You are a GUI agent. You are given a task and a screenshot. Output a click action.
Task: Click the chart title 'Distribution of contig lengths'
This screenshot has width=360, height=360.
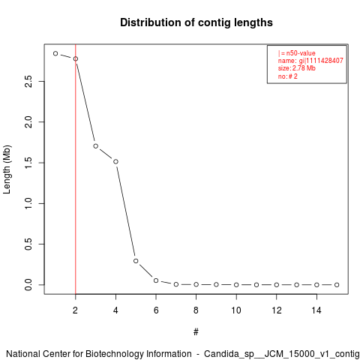tap(196, 22)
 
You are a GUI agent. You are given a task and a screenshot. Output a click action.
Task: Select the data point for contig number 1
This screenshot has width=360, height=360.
tap(55, 53)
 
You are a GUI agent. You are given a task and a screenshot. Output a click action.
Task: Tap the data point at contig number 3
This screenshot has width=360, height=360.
tap(96, 146)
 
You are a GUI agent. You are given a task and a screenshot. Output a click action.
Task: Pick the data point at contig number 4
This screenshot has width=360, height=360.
tap(115, 162)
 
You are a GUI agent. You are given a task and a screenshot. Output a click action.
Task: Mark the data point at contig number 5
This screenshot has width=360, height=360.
tap(136, 261)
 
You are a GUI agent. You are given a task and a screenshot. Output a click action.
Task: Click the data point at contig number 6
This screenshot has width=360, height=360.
tap(156, 280)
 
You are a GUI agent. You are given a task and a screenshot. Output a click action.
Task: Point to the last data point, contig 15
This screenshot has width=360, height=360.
tap(337, 285)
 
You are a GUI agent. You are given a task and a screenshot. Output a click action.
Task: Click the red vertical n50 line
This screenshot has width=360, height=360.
tap(76, 169)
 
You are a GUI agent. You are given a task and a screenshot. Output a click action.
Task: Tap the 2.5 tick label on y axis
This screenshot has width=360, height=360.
tap(28, 81)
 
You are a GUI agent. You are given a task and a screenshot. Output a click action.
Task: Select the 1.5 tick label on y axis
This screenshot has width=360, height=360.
tap(28, 163)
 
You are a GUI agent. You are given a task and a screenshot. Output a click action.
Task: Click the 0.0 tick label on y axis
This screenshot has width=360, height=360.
tap(28, 285)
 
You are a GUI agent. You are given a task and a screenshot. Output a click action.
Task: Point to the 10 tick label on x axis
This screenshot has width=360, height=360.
tap(236, 310)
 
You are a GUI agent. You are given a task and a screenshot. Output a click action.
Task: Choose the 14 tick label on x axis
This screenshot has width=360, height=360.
tap(316, 310)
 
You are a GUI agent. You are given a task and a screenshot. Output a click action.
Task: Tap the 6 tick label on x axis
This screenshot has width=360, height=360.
tap(156, 310)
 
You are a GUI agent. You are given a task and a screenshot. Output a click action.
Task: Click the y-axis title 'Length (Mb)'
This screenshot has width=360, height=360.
tap(7, 169)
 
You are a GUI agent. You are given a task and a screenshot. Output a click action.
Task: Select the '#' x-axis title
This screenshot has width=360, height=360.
tap(196, 332)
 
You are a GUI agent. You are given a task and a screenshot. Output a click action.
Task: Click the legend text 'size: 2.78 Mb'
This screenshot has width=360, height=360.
tap(297, 68)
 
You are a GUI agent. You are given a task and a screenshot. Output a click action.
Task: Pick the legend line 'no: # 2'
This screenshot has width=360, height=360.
tap(288, 76)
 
